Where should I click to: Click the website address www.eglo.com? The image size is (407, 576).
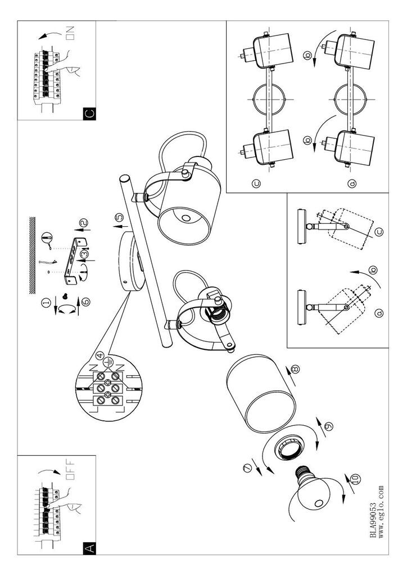click(382, 513)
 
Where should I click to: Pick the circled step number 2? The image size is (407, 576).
click(83, 224)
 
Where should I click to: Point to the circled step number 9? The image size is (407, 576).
click(328, 425)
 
